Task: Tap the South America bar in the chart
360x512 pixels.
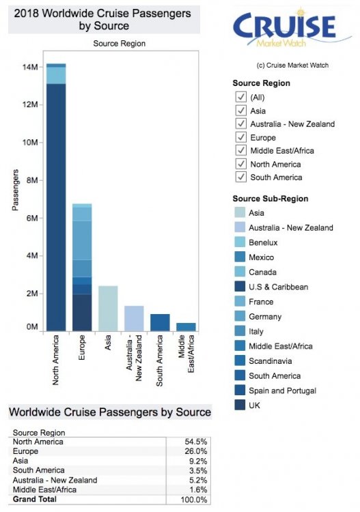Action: (160, 322)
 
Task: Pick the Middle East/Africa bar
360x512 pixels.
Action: (186, 327)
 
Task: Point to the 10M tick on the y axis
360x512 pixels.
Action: (29, 143)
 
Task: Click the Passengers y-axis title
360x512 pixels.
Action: (14, 190)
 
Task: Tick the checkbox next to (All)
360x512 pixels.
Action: (240, 97)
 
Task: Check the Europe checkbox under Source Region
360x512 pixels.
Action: (240, 137)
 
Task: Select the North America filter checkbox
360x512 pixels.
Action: (240, 164)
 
